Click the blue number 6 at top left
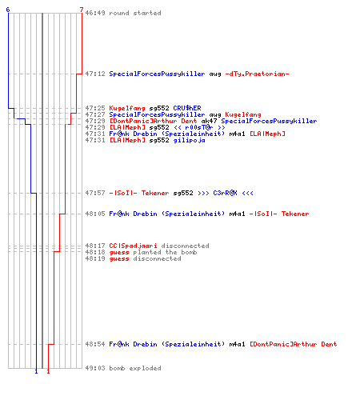pos(8,10)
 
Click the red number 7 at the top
pos(82,10)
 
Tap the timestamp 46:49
pos(95,13)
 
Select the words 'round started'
pos(135,13)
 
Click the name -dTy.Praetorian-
pos(258,74)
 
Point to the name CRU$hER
pos(187,108)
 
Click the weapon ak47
pos(209,121)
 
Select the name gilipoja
pos(190,140)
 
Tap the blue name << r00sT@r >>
pos(199,127)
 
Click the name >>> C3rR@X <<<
pos(226,193)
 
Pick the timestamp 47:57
pos(95,193)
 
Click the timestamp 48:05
pos(95,214)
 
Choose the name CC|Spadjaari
pos(133,246)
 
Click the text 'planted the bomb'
pos(165,252)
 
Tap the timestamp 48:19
pos(95,258)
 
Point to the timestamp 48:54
pos(95,344)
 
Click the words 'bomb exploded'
pos(135,368)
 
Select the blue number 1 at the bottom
pos(36,371)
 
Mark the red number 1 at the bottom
pos(48,371)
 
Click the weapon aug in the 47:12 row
pos(215,74)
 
